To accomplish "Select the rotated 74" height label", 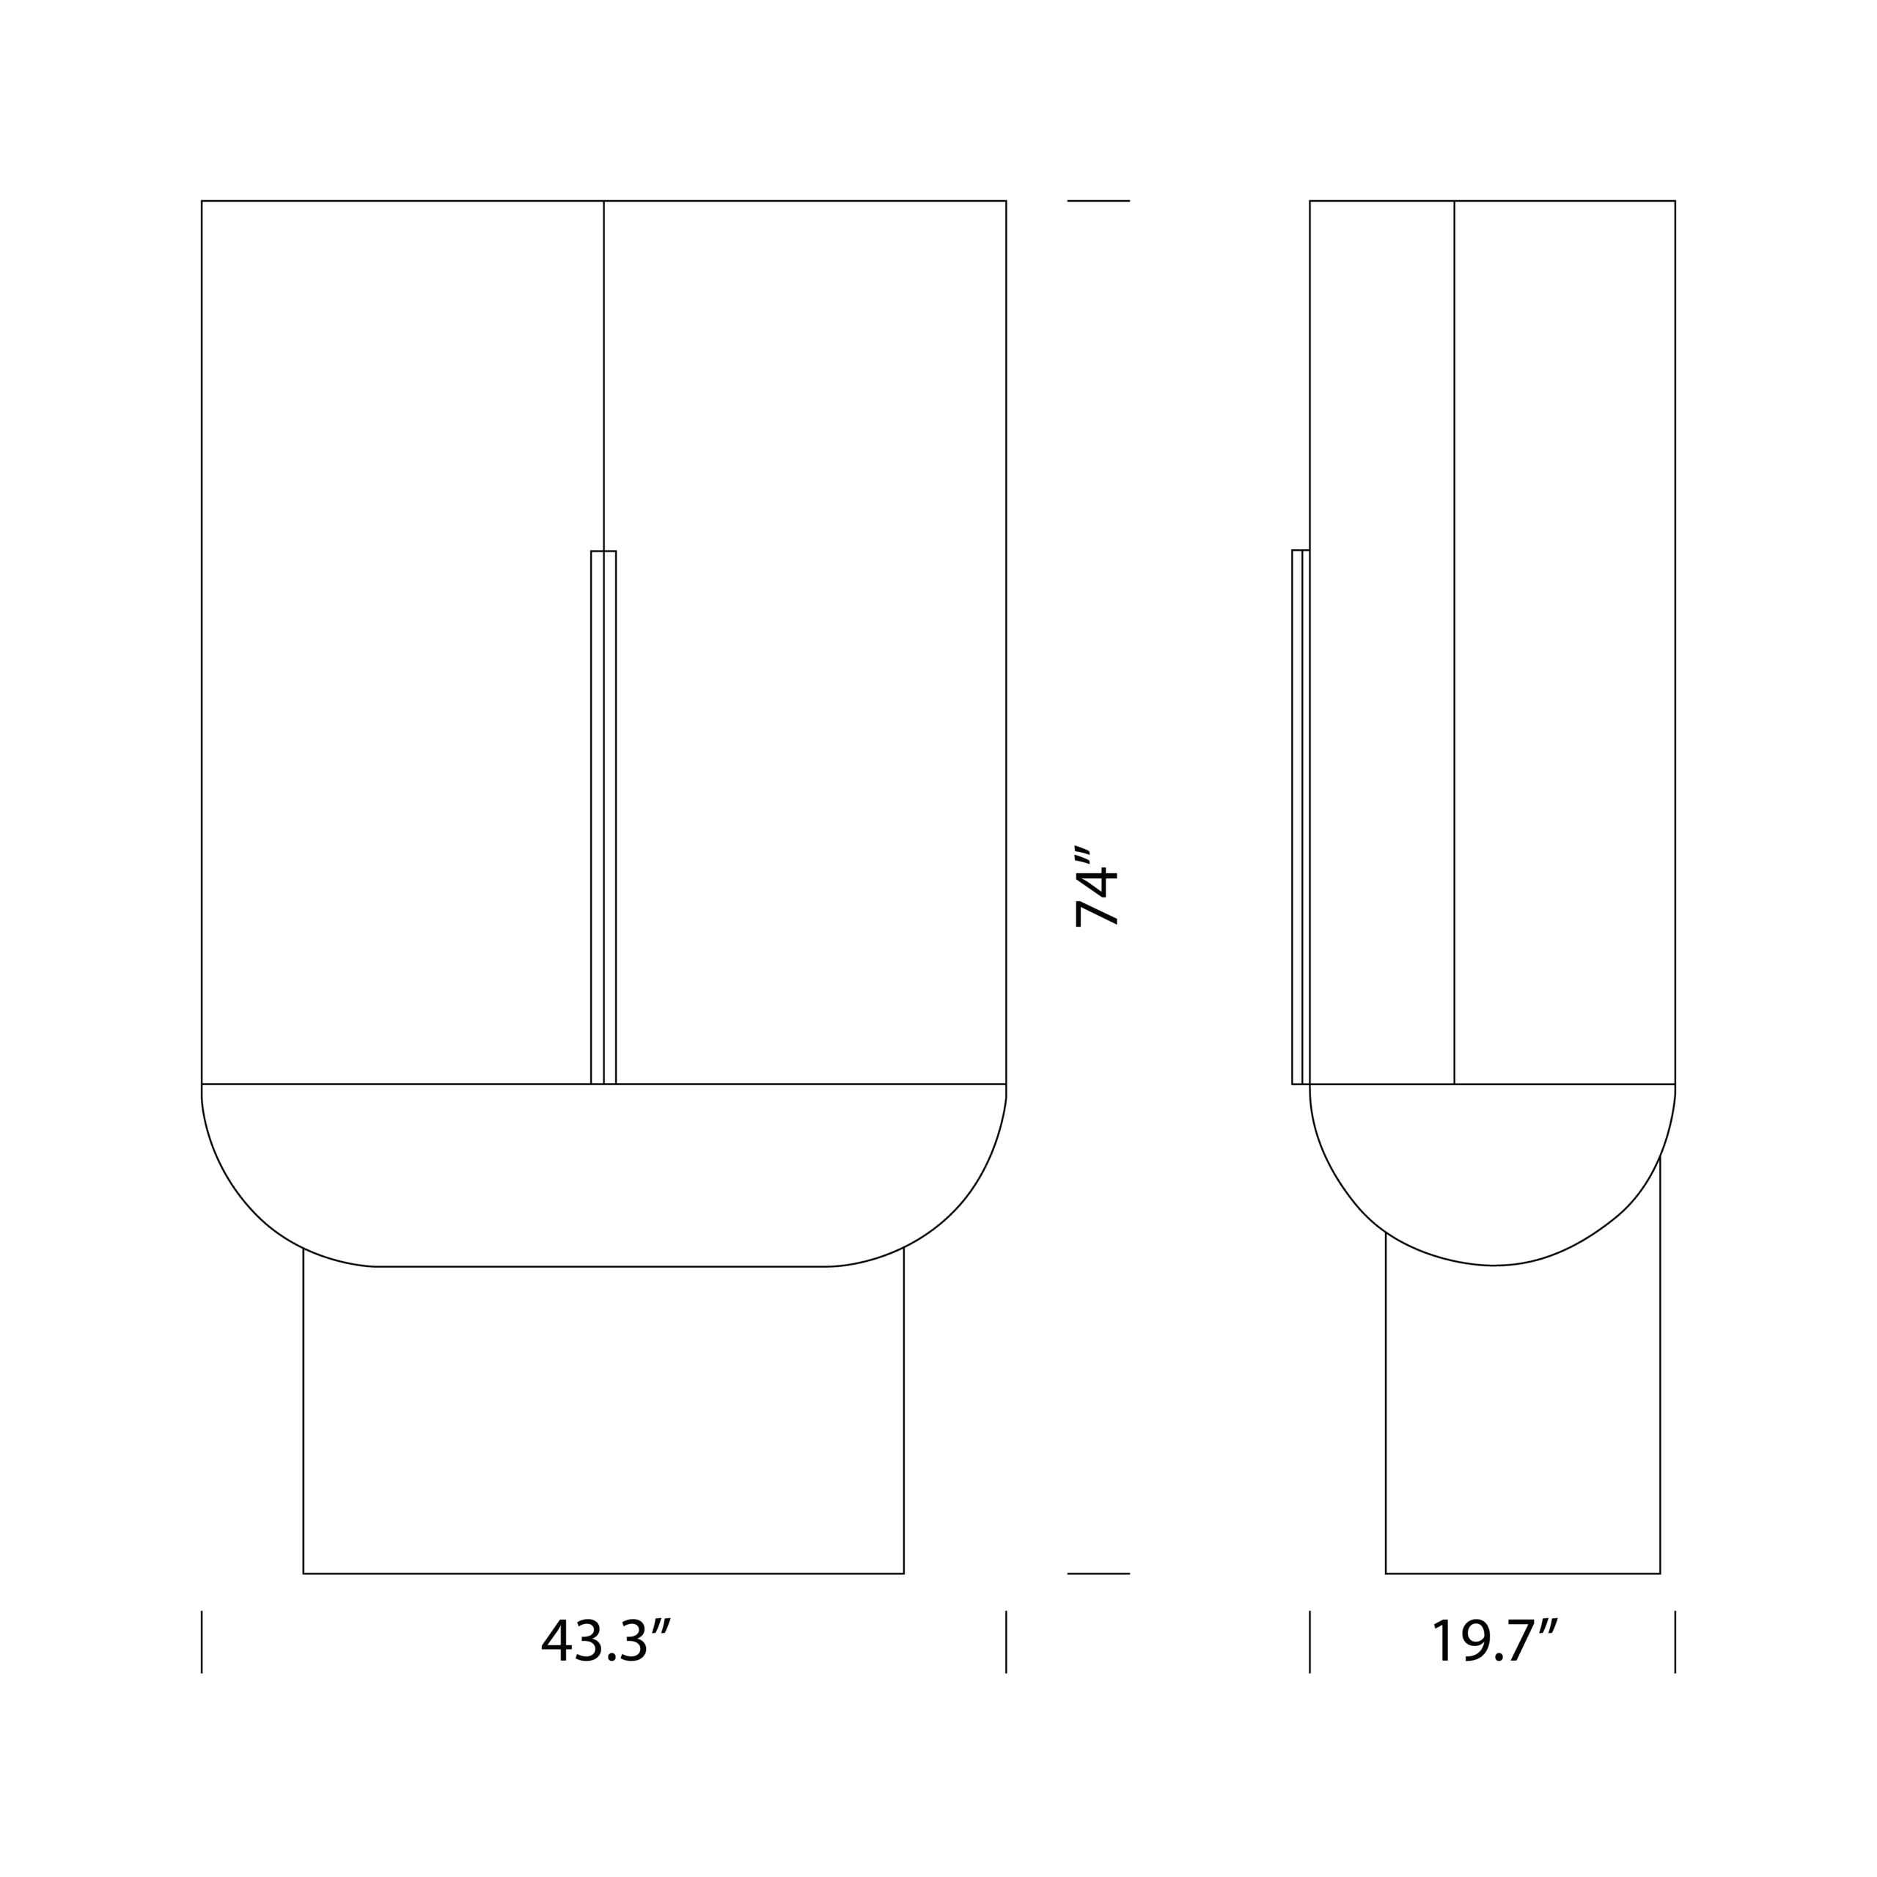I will (1096, 885).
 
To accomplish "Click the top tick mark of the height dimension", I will (1098, 201).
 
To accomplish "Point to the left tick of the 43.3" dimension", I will (202, 1642).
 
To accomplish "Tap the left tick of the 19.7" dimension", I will (1310, 1642).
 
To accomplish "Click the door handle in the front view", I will (603, 816).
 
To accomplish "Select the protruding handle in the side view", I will (1299, 816).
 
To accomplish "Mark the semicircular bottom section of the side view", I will (1492, 1166).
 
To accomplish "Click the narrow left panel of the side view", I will (1381, 583).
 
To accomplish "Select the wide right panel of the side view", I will (1564, 583).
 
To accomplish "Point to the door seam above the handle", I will (603, 379).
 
